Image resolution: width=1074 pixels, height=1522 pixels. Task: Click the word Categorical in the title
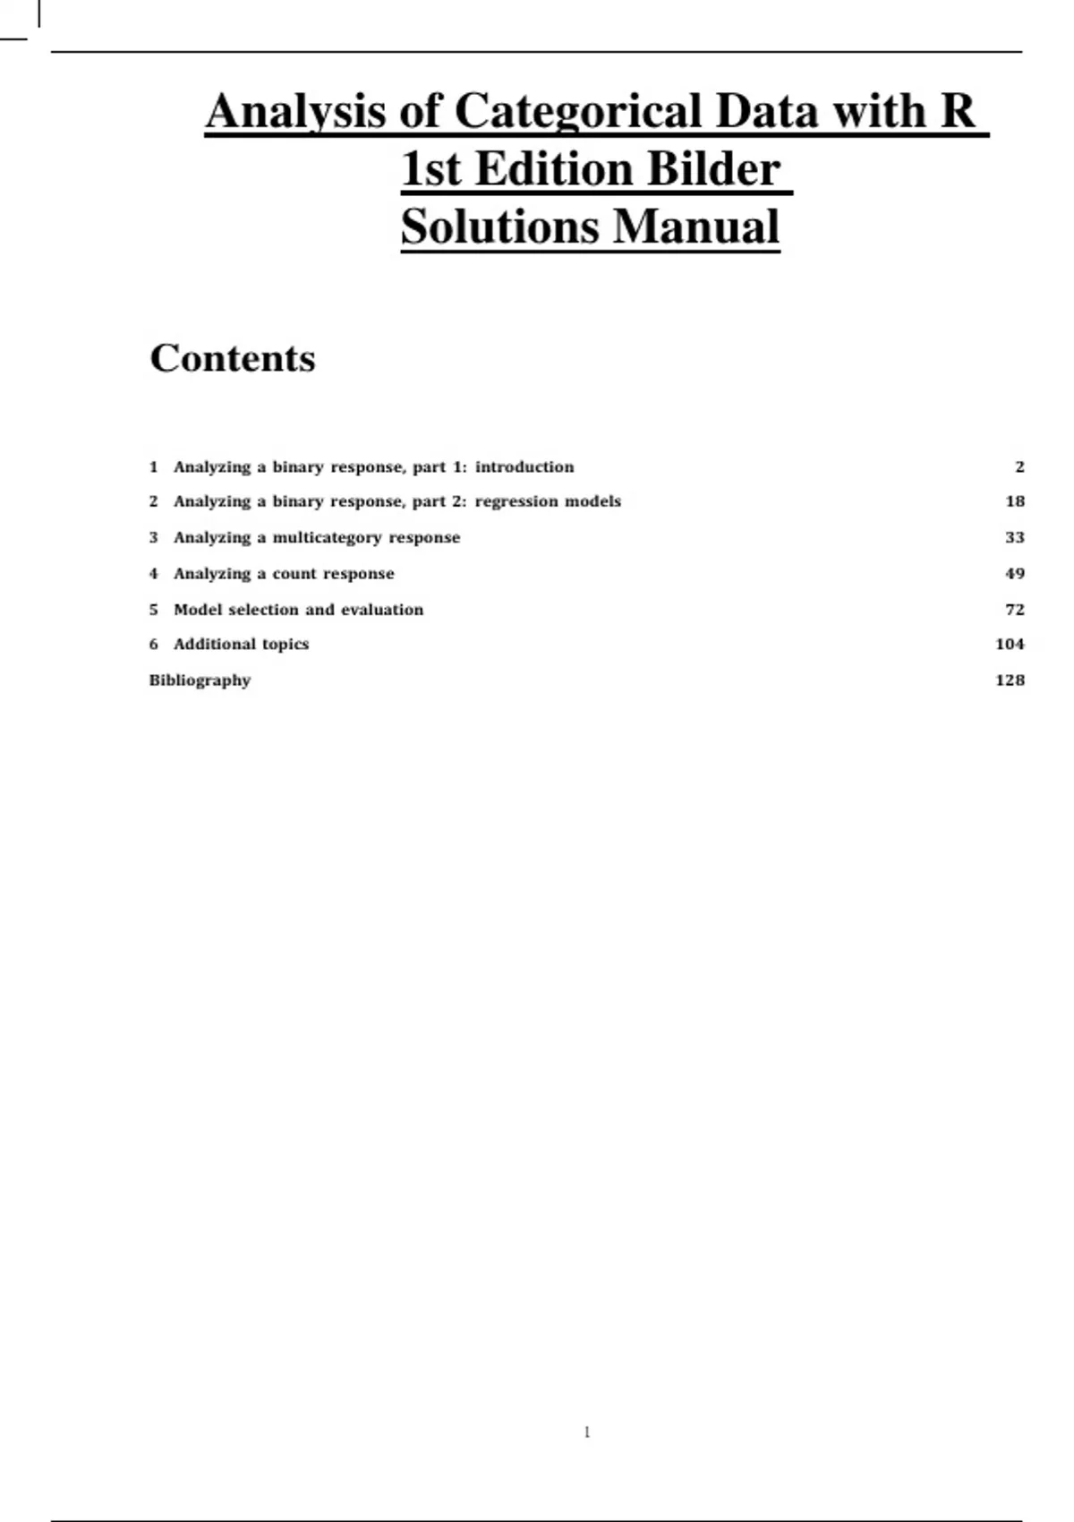point(578,112)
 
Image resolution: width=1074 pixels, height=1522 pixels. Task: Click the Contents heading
point(233,358)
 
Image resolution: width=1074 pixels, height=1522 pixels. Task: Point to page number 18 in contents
point(1014,501)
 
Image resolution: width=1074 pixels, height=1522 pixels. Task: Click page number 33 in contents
point(1014,537)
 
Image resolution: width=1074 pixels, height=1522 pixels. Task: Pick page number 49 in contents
point(1014,573)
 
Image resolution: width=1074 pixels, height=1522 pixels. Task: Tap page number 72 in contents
point(1014,610)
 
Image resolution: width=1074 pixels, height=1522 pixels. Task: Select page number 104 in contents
point(1010,644)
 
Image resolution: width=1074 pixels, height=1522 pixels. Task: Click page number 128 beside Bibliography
point(1010,680)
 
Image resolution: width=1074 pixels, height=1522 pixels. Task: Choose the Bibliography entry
point(200,680)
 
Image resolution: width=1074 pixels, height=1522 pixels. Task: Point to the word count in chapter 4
point(294,574)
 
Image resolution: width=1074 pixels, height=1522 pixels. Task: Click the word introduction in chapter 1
point(524,466)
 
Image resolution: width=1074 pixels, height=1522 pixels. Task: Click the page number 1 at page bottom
point(587,1432)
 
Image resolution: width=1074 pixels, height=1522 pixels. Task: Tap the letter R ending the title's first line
point(957,112)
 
